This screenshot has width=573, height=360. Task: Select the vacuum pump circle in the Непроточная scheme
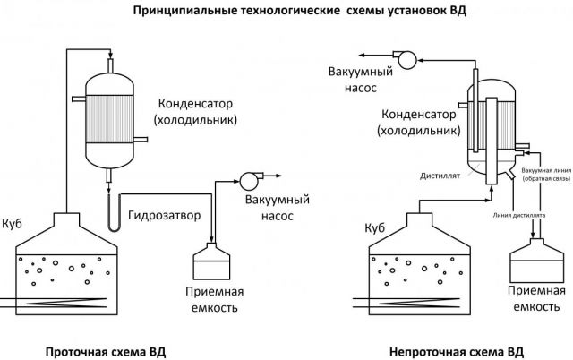406,61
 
